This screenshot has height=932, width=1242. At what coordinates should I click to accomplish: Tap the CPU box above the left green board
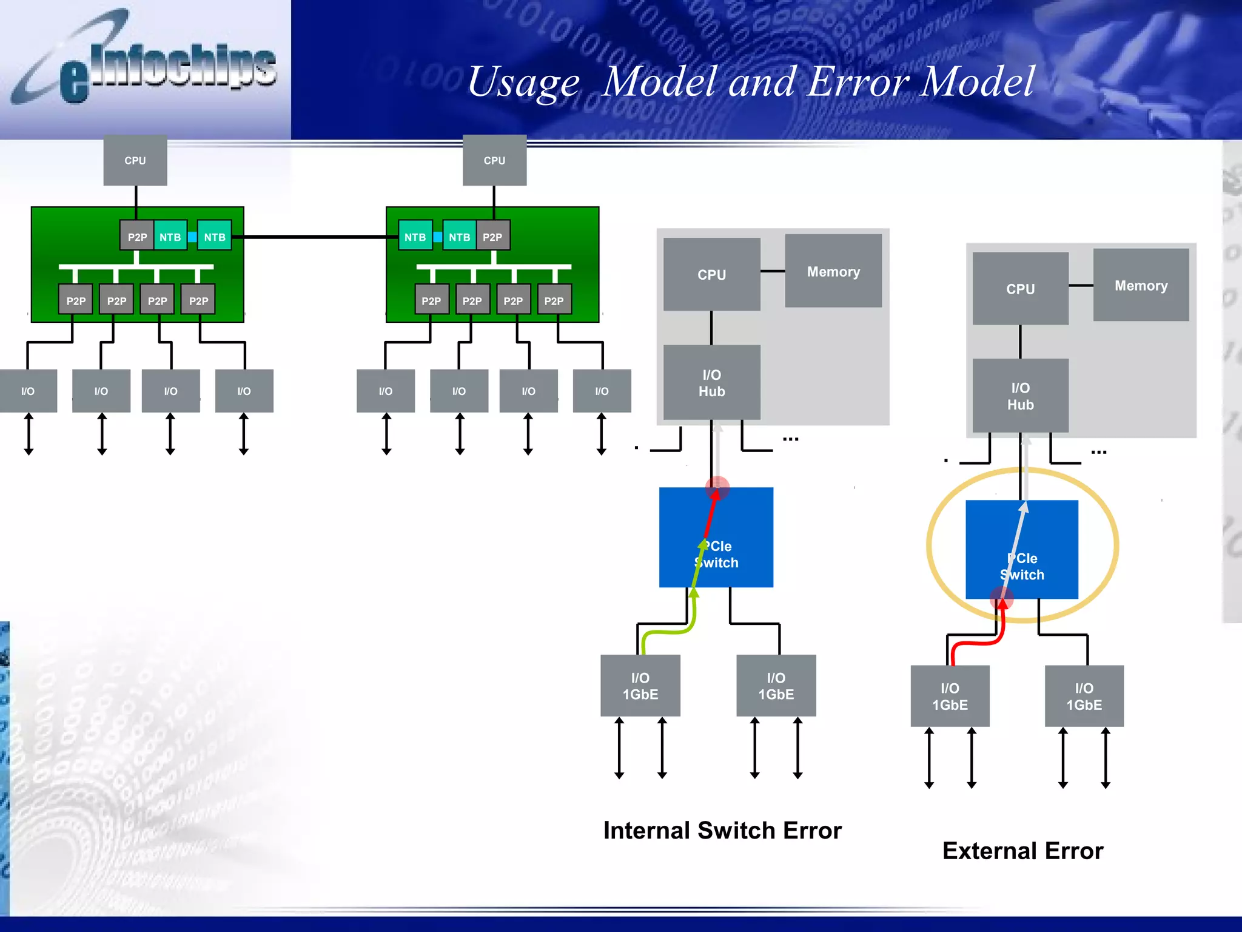135,160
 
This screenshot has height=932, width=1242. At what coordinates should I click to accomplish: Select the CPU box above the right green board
494,160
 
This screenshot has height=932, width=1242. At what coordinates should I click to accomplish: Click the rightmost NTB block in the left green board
215,237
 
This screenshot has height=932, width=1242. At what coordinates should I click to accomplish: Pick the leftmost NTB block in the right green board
415,237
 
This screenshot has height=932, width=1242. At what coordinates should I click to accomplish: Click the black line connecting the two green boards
315,237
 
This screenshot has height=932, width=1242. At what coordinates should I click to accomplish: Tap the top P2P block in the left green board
137,237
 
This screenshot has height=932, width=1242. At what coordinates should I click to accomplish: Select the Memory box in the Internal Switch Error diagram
833,271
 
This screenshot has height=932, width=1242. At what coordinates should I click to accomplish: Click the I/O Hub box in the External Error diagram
1020,396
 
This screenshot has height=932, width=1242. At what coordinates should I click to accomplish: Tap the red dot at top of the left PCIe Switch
717,487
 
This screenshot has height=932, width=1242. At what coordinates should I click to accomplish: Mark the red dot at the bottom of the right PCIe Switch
1001,599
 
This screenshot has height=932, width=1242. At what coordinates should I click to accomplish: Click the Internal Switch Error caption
722,830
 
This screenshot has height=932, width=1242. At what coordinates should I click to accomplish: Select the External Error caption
1022,851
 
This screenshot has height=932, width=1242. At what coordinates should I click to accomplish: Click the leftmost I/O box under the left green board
28,391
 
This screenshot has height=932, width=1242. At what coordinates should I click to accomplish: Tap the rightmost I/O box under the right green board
602,391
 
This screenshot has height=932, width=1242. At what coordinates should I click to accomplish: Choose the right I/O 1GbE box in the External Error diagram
1084,696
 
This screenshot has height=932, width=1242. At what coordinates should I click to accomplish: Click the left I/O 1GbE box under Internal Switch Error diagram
640,686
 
